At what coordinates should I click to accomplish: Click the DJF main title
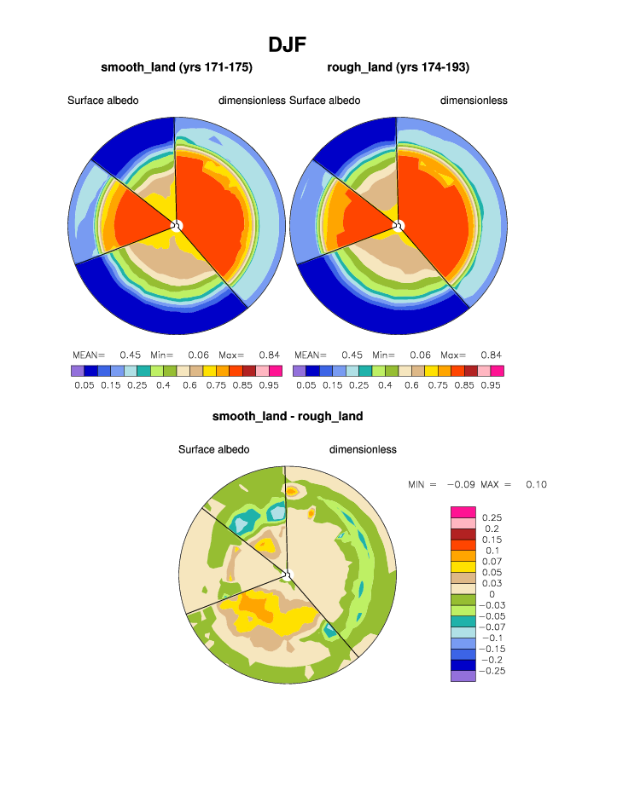[x=287, y=44]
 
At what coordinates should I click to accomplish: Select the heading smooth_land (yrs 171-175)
[x=177, y=67]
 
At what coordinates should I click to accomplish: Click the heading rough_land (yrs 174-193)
[x=398, y=67]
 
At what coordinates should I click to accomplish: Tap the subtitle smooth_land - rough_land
[x=288, y=417]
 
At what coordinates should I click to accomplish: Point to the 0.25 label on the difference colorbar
[x=492, y=517]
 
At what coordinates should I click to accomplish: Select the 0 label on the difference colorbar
[x=492, y=594]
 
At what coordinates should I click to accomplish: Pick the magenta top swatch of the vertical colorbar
[x=462, y=511]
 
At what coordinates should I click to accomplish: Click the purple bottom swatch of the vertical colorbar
[x=462, y=676]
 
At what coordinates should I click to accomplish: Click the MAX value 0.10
[x=536, y=485]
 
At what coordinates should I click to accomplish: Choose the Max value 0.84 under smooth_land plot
[x=269, y=355]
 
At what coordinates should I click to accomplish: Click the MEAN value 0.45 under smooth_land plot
[x=130, y=355]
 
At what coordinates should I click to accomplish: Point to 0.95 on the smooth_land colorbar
[x=269, y=385]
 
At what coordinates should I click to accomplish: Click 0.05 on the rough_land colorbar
[x=306, y=385]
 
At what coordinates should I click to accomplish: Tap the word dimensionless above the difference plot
[x=363, y=450]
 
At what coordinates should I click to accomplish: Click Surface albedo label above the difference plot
[x=213, y=450]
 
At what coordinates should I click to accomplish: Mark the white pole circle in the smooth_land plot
[x=177, y=225]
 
